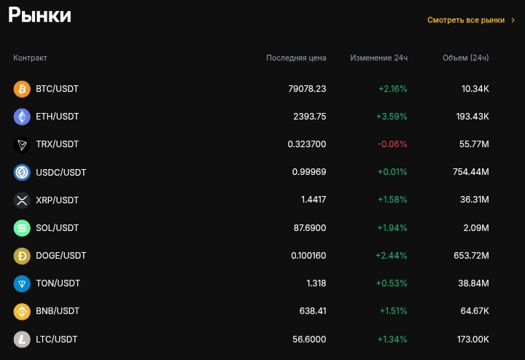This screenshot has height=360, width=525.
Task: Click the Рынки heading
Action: click(x=39, y=15)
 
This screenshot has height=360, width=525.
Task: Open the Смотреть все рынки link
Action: click(x=466, y=20)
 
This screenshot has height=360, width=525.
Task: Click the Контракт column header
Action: click(x=30, y=58)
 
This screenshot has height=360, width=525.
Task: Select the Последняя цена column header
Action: click(x=296, y=58)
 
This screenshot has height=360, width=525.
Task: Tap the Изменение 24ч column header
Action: click(x=378, y=58)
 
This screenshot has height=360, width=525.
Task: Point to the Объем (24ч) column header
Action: click(x=465, y=58)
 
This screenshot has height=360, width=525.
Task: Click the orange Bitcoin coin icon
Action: click(x=22, y=89)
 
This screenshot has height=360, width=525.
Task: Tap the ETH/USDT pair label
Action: click(x=57, y=117)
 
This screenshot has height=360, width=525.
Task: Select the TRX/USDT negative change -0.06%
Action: click(x=392, y=144)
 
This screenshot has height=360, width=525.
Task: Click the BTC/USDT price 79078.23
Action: click(x=307, y=89)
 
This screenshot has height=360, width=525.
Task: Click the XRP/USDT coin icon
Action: click(x=22, y=200)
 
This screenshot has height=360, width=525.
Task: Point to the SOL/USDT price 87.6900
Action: click(x=310, y=228)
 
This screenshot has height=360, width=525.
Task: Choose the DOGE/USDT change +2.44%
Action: click(x=391, y=256)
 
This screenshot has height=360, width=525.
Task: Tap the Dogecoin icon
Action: click(x=22, y=256)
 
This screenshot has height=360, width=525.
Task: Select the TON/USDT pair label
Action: click(x=58, y=283)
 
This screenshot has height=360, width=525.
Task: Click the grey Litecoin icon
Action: click(x=22, y=340)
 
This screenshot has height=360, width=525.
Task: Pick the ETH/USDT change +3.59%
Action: click(x=392, y=117)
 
